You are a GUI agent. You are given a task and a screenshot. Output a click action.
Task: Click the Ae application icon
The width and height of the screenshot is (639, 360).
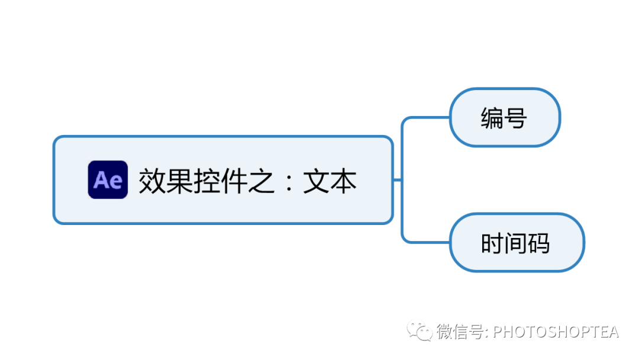[x=108, y=179]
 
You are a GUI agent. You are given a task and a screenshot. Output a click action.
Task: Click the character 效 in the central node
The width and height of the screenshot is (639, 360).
[x=152, y=180]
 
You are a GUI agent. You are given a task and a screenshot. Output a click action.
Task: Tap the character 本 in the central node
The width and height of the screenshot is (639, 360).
[x=343, y=180]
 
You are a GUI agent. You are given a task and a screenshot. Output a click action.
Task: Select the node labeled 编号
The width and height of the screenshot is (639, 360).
[x=505, y=117]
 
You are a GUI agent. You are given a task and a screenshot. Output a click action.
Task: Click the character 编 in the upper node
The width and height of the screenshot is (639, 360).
[x=492, y=118]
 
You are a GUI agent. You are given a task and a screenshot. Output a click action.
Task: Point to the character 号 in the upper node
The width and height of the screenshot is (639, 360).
[x=516, y=118]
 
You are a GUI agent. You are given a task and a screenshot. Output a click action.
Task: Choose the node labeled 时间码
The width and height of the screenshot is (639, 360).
[x=517, y=243]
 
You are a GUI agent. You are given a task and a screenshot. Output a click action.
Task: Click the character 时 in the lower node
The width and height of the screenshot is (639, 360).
[x=492, y=243]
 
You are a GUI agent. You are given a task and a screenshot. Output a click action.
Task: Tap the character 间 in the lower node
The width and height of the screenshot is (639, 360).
[x=515, y=243]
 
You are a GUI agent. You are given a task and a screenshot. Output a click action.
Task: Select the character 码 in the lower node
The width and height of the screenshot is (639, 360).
[x=538, y=243]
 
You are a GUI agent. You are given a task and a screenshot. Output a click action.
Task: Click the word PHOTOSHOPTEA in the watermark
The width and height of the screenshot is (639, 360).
[x=556, y=331]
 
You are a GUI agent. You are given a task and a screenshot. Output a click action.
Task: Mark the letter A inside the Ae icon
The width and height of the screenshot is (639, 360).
[x=101, y=180]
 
